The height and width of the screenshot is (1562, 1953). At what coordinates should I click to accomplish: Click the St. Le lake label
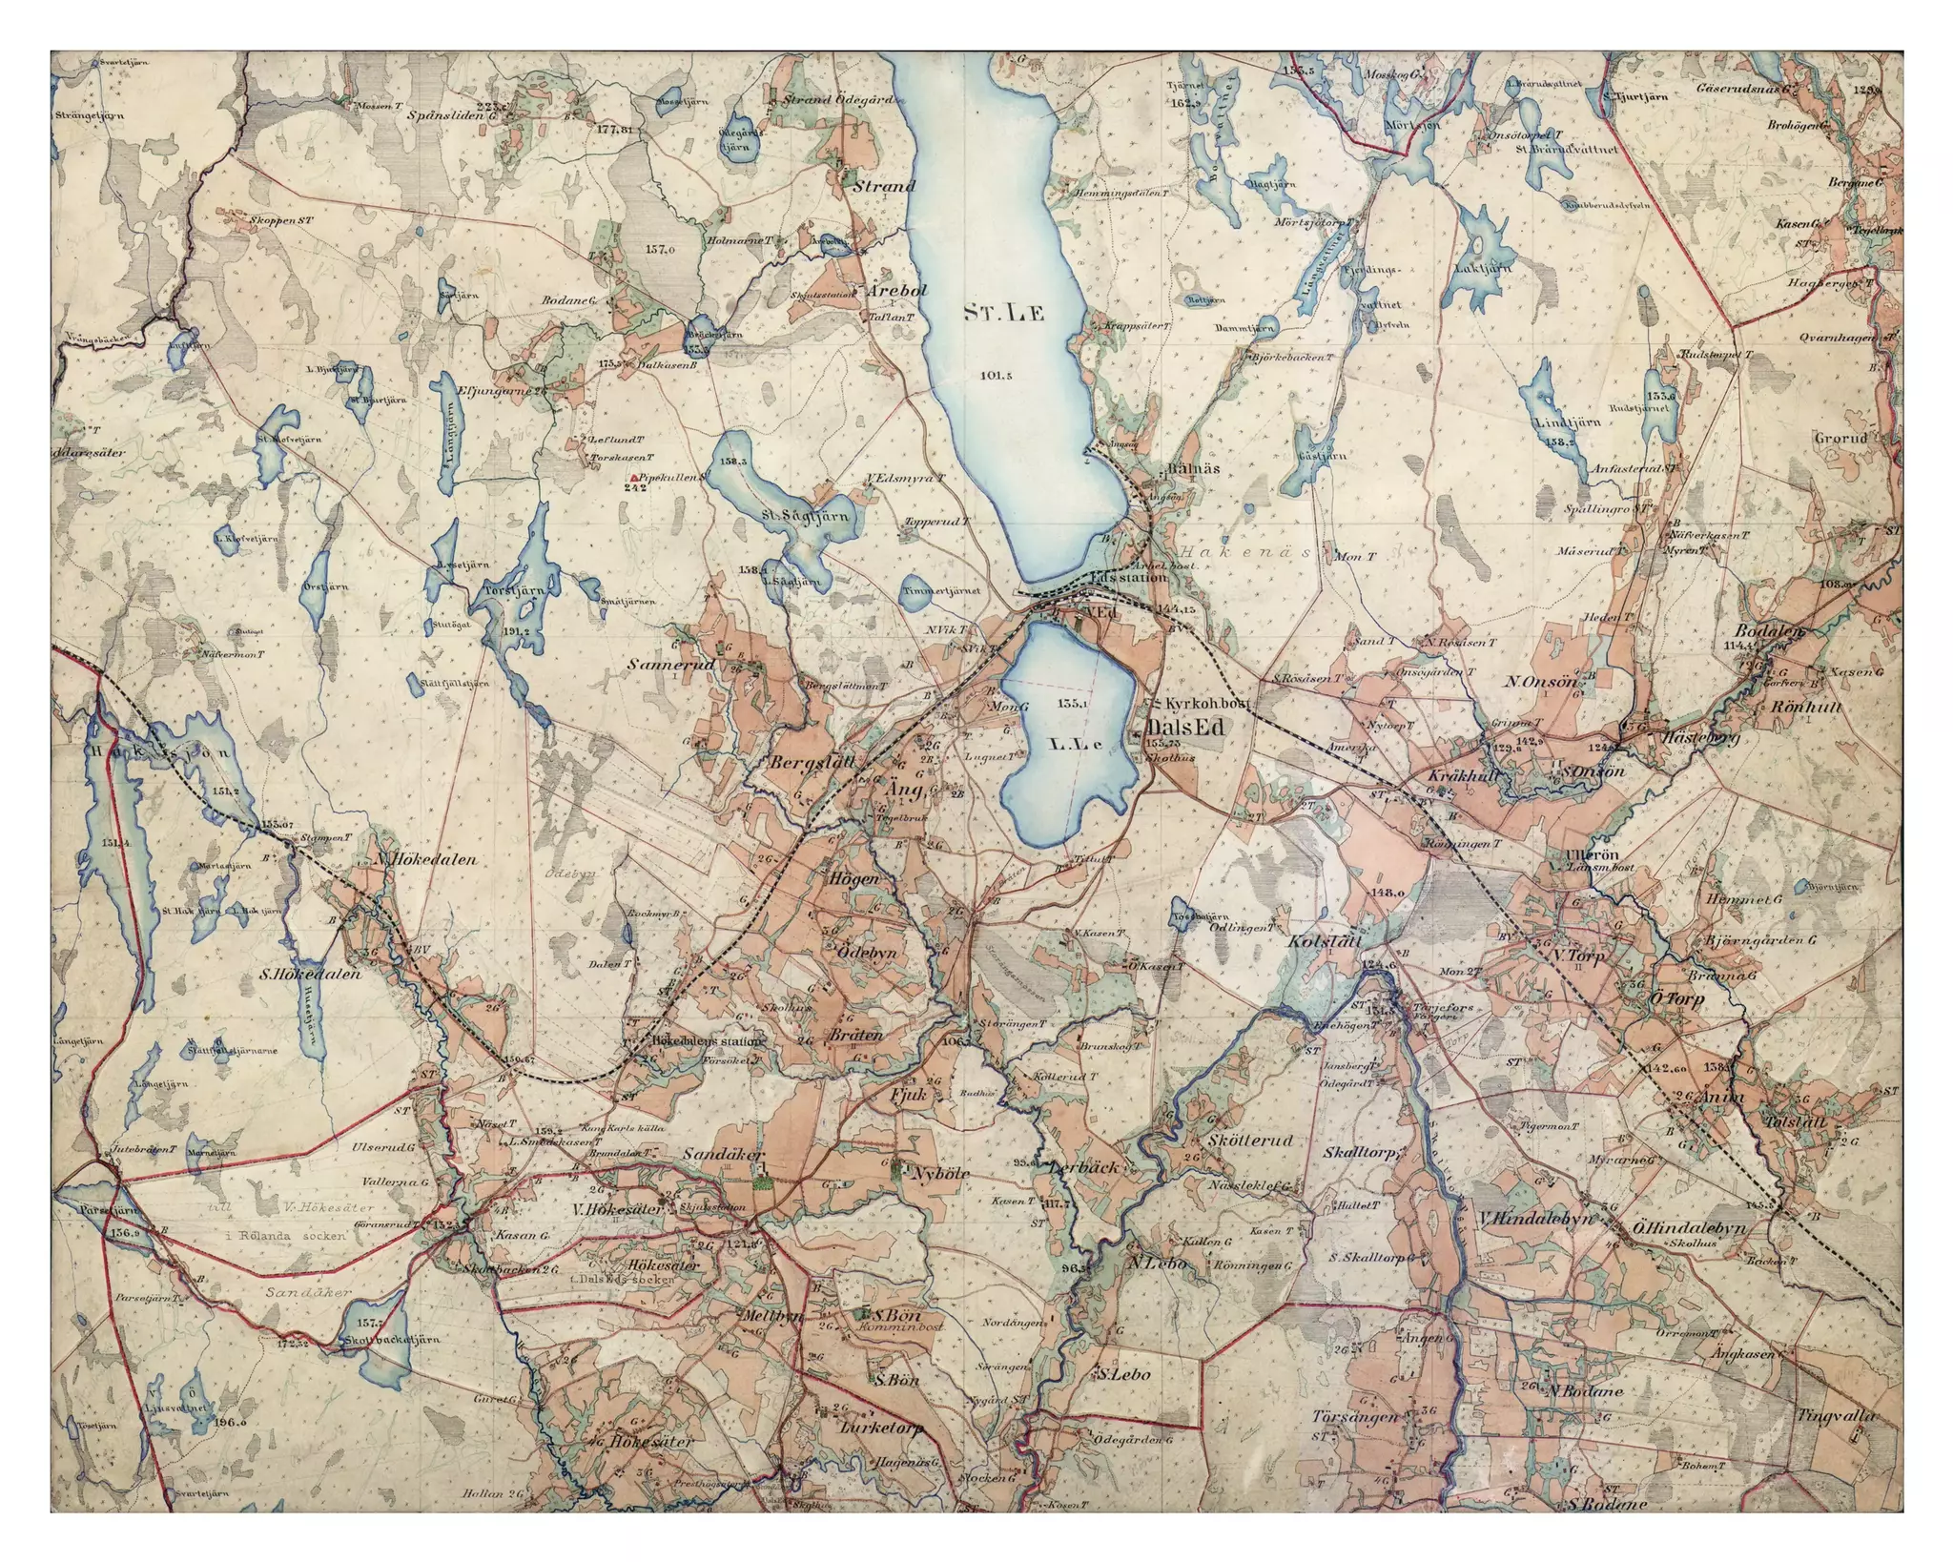(1004, 313)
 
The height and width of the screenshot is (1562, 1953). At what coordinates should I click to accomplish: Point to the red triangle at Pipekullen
(634, 476)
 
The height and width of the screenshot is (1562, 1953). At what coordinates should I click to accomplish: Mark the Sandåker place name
(725, 1154)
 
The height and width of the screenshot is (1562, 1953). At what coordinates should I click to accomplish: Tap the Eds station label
(1128, 577)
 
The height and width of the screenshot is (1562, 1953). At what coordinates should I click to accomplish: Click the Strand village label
(883, 186)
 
